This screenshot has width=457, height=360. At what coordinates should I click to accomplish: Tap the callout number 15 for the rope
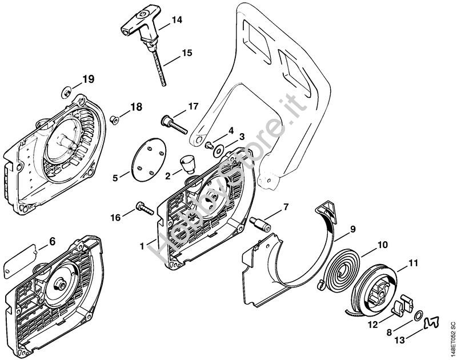187,53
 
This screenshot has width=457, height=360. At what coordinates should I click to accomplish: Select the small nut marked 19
67,93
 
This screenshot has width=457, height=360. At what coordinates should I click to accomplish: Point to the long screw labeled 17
174,125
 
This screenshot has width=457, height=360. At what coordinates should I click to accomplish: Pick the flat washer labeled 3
218,151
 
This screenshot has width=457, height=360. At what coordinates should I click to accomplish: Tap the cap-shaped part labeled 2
187,163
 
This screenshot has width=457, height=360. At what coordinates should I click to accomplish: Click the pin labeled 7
259,223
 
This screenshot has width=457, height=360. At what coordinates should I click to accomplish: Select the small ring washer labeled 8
418,315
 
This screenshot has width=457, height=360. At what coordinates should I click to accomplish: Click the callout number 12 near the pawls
373,324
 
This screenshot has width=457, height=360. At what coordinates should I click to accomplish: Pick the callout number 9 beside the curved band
352,229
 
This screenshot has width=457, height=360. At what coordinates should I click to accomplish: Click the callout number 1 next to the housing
142,246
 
